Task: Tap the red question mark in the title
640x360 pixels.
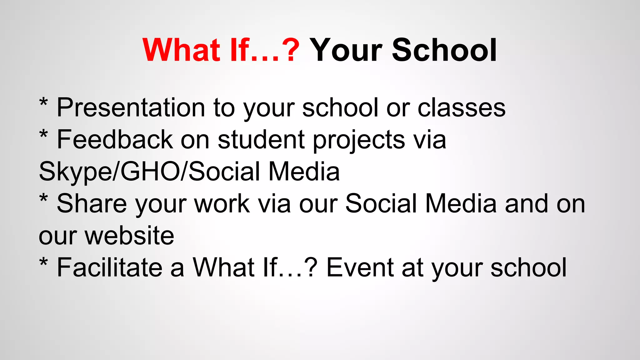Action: coord(292,50)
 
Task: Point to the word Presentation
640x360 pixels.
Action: coord(131,108)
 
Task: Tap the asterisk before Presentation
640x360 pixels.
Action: coord(43,103)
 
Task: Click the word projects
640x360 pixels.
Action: coord(359,140)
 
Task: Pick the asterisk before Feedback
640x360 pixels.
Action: coord(43,135)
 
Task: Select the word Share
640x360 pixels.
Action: coord(92,204)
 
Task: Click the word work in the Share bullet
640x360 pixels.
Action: coord(222,204)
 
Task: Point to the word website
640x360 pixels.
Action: coord(129,236)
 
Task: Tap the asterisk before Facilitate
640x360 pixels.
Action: coord(43,262)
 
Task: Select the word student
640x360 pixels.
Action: coord(261,140)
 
